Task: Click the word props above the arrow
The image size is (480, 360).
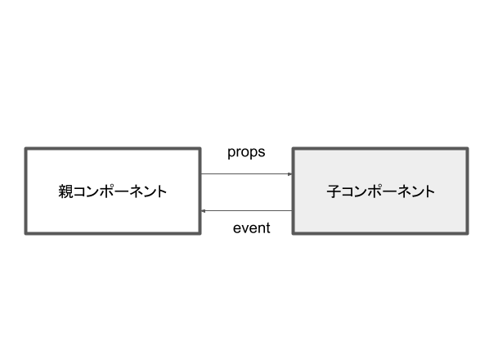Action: (246, 152)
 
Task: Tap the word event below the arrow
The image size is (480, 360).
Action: (251, 228)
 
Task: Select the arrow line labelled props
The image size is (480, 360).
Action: (246, 174)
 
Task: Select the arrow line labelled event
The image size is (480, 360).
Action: (246, 211)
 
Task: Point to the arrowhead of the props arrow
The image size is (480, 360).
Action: (290, 174)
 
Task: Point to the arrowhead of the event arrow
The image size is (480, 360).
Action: (203, 211)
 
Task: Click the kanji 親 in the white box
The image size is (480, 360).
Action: (65, 191)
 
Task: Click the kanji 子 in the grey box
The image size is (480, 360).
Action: (334, 191)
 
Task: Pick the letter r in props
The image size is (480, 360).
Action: (239, 152)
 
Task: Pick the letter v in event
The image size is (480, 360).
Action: (244, 228)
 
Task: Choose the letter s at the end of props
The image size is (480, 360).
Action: (262, 152)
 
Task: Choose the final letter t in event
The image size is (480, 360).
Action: (268, 228)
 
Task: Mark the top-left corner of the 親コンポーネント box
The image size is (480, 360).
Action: (25, 148)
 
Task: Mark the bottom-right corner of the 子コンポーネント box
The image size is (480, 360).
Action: (468, 234)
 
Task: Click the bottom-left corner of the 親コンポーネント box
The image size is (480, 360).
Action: (25, 234)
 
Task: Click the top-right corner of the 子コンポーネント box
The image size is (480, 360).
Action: (468, 148)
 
